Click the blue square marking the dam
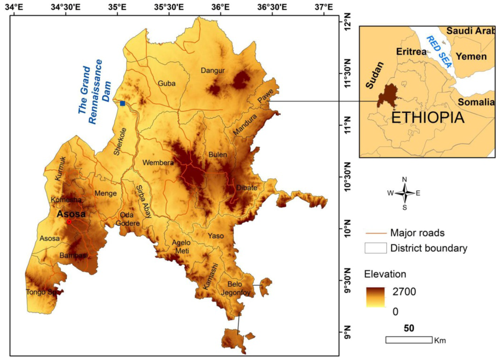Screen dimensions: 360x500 122,103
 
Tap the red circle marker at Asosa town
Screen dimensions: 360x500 69,222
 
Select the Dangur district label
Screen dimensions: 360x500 212,71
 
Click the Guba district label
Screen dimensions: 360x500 167,84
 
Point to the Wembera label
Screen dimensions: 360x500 158,162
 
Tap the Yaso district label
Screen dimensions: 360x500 216,236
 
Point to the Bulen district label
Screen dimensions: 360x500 218,155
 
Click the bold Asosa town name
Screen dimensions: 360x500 71,214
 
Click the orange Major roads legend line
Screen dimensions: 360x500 375,233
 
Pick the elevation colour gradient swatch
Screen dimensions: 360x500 375,297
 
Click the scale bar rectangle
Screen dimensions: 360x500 409,339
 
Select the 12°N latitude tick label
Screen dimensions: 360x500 346,23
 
